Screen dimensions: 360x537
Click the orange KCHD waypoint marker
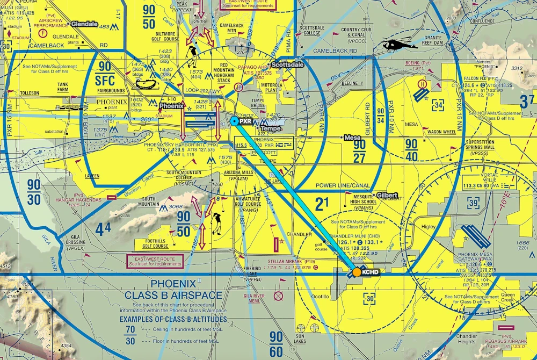click(x=356, y=272)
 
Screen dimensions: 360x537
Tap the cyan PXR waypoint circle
click(x=235, y=121)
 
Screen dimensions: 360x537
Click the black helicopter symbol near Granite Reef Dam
click(x=396, y=45)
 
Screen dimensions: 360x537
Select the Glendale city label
click(x=84, y=24)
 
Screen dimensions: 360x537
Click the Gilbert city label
click(x=387, y=194)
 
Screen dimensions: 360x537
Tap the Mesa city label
click(x=352, y=137)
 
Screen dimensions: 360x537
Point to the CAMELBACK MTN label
click(x=231, y=28)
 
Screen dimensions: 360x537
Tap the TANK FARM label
click(x=63, y=87)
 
